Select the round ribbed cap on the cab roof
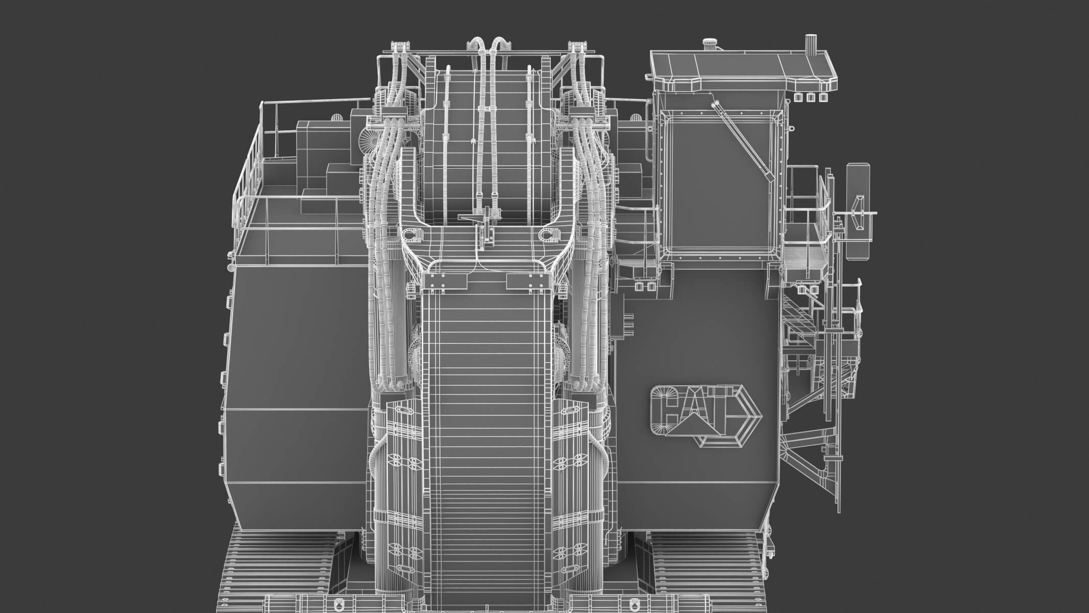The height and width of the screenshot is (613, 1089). click(x=709, y=44)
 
